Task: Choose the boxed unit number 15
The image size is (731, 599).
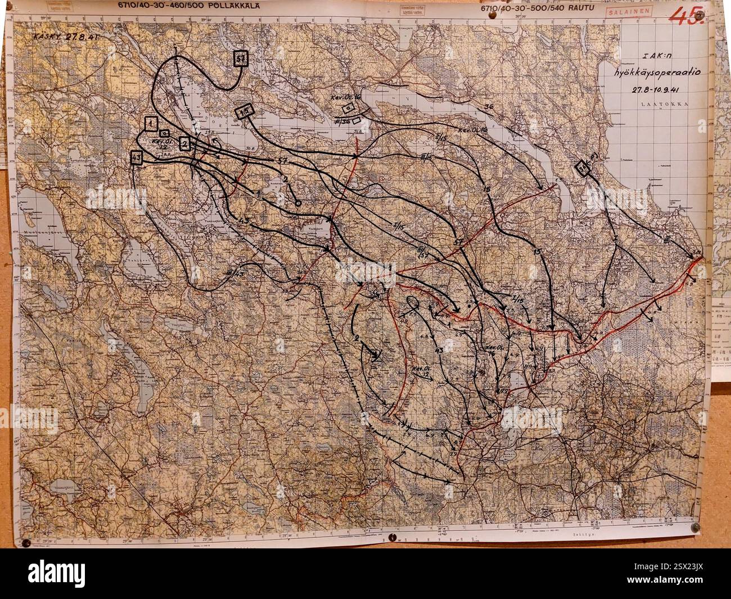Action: point(245,111)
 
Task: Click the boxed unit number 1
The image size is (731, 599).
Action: point(150,123)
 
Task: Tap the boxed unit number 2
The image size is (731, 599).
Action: point(184,144)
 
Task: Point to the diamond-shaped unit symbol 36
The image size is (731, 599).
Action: point(585,168)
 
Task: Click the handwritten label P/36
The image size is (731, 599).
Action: point(341,120)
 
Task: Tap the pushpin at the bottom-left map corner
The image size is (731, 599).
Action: point(25,543)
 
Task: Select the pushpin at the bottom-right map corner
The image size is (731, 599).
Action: point(695,528)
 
